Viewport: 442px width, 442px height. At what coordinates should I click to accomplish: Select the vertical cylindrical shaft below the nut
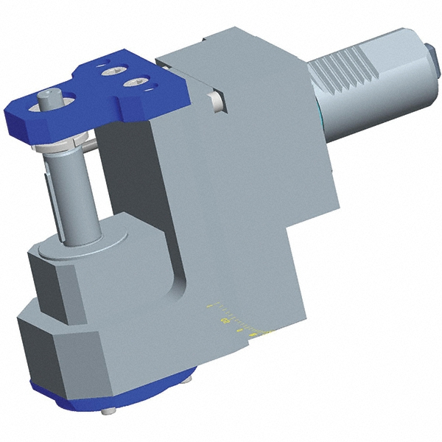[73, 192]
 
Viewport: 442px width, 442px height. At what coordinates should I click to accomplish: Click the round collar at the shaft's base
[81, 247]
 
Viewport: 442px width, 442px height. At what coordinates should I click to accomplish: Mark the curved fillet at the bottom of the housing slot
[177, 284]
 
